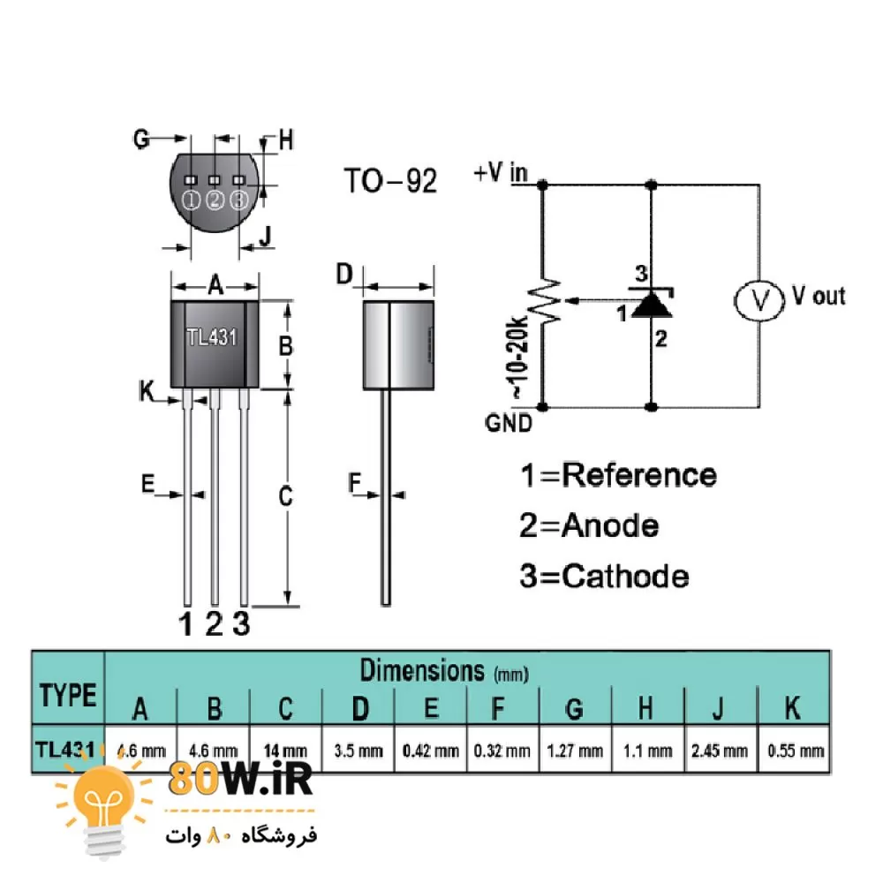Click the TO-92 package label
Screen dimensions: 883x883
(389, 181)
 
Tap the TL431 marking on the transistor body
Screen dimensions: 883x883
(212, 337)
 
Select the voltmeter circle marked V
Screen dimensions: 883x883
(759, 299)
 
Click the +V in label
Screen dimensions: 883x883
(500, 173)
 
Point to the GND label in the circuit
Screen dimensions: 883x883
(509, 423)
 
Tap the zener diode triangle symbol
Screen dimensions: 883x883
(653, 304)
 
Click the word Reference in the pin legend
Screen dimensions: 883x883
(639, 475)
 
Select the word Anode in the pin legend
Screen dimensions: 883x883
(610, 526)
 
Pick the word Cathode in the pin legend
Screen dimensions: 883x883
(625, 577)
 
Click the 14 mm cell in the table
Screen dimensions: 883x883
(285, 751)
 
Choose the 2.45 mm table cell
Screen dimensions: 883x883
(720, 751)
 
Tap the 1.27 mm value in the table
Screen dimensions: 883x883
(575, 751)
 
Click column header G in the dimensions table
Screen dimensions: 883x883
(574, 708)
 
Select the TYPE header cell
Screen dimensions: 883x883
(68, 695)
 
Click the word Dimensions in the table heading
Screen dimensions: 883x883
(422, 670)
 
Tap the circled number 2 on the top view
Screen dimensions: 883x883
(215, 200)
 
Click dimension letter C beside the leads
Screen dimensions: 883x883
(285, 497)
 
